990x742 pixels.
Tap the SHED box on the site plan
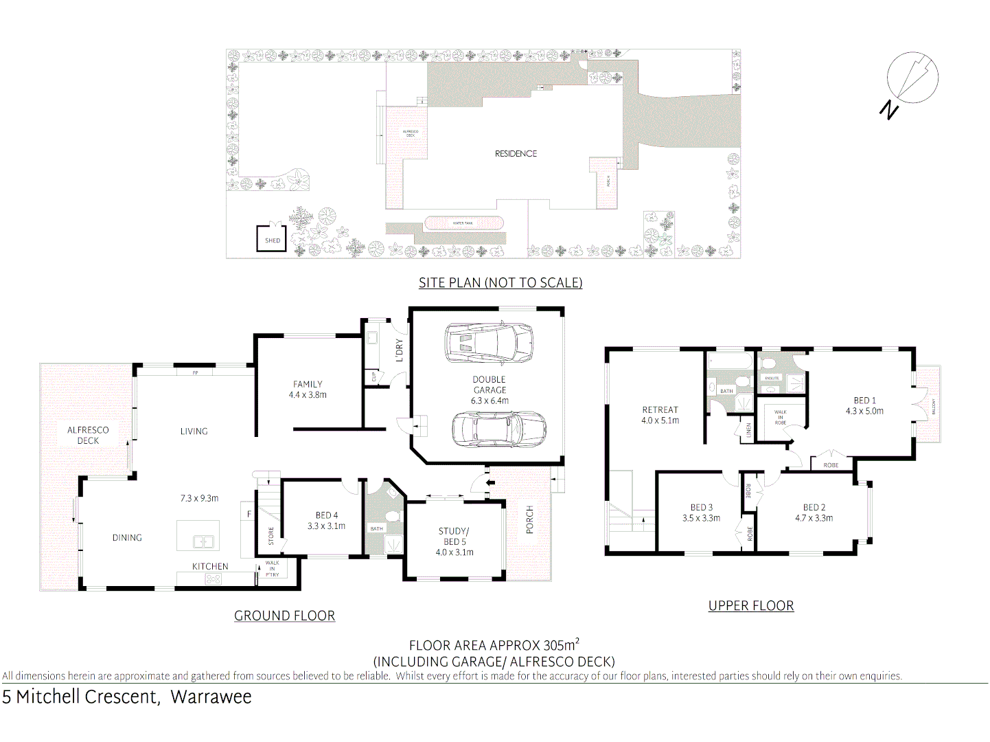coord(271,238)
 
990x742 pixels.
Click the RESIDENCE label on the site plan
coord(516,154)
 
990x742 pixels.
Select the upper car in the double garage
coord(488,343)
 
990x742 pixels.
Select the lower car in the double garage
coord(498,429)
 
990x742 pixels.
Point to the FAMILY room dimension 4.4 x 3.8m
coord(308,395)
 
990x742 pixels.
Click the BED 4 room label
coord(327,515)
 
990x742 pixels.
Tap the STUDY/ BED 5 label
coord(454,537)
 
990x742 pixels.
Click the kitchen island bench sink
coord(203,541)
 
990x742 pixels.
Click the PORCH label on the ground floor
coord(529,520)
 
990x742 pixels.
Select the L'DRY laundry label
coord(400,350)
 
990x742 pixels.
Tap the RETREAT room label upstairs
coord(660,410)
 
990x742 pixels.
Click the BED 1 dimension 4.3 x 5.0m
coord(864,412)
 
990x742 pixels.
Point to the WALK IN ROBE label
coord(780,417)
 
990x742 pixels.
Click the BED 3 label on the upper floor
coord(701,508)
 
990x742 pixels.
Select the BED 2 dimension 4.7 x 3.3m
coord(814,519)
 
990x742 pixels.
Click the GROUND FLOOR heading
coord(284,616)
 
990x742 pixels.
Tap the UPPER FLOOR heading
coord(750,606)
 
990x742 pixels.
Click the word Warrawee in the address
coord(211,697)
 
